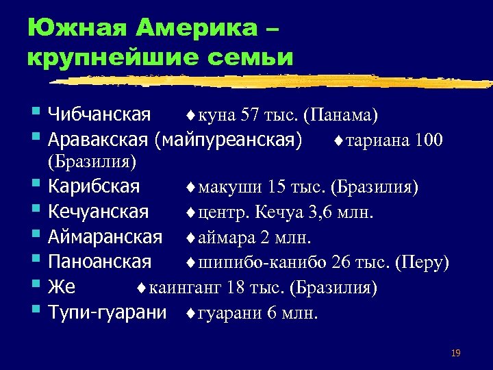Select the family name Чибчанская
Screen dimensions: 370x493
(99, 114)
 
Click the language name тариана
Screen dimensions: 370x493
(377, 141)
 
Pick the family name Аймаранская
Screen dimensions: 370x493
(105, 237)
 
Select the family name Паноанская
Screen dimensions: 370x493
(99, 262)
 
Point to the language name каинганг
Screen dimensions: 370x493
(184, 288)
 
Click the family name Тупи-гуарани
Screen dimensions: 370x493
(108, 313)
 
